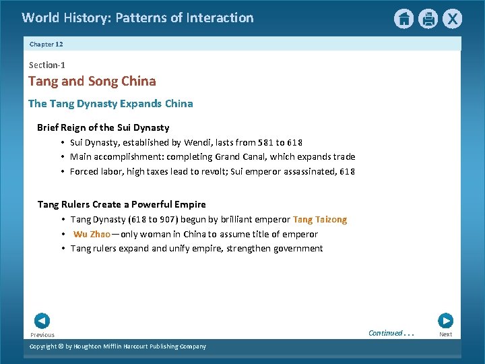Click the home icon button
tap(403, 19)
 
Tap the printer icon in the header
tap(428, 19)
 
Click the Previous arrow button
tap(42, 322)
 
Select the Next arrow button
tap(445, 322)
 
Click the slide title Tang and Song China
tap(92, 82)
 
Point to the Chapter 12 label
tap(46, 44)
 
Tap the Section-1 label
tap(47, 65)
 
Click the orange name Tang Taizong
tap(320, 219)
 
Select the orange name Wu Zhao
tap(92, 234)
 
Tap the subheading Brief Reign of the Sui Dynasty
tap(103, 127)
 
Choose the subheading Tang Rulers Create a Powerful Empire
tap(122, 204)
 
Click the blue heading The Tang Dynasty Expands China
tap(110, 104)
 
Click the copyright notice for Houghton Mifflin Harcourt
tap(119, 346)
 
